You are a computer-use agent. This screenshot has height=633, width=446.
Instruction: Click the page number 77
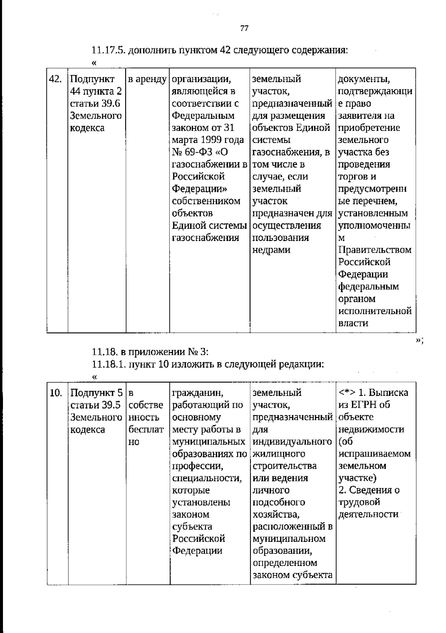click(244, 28)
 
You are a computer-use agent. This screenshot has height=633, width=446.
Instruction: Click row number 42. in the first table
click(55, 79)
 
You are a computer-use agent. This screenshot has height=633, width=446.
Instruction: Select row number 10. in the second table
click(55, 393)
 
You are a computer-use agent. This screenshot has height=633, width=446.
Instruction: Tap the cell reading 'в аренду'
click(147, 79)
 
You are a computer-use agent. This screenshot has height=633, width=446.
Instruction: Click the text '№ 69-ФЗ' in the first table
click(192, 152)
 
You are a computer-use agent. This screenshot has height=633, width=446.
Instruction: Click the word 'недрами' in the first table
click(271, 250)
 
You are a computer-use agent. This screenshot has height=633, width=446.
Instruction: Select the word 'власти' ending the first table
click(353, 323)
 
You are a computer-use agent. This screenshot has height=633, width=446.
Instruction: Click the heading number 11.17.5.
click(108, 50)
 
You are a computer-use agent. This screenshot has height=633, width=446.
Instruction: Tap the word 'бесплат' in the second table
click(146, 430)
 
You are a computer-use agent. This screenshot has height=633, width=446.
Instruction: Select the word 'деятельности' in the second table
click(368, 515)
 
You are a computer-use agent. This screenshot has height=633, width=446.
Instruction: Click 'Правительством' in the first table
click(375, 250)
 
